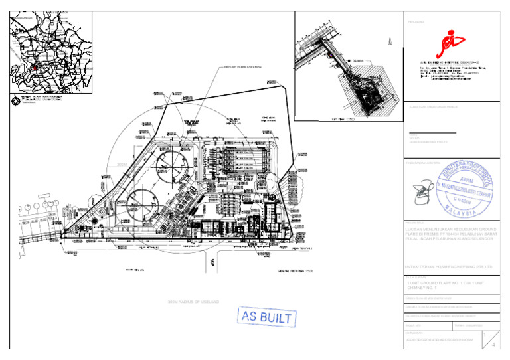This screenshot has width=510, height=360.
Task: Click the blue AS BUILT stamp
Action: coord(266,317)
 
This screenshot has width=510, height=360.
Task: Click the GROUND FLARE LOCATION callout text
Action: coord(242,68)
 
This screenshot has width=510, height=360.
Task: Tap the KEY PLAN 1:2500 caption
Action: coord(344,119)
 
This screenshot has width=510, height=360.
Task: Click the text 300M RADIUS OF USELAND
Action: coord(194,302)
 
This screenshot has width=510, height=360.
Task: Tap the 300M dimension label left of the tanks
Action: coord(121,164)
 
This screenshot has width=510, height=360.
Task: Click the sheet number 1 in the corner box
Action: coord(487,335)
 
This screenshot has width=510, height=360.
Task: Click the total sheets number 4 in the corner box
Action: coord(493,345)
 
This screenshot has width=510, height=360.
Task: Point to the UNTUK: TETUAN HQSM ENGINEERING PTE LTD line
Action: coord(450,267)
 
